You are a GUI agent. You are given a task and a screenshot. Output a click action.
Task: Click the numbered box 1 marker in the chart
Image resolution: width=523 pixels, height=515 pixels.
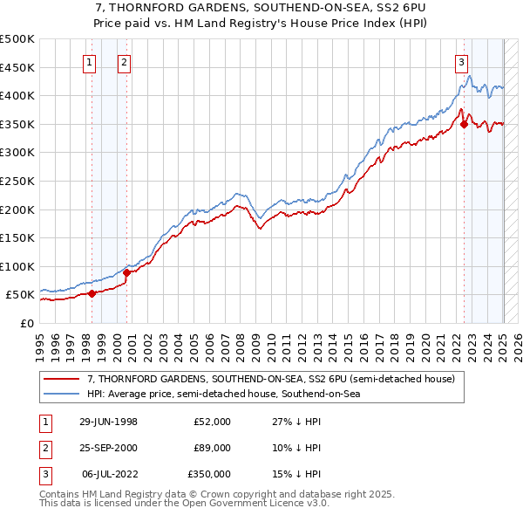[x=90, y=62]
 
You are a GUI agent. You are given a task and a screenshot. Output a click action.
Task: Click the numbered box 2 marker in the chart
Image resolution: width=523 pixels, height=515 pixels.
[x=125, y=62]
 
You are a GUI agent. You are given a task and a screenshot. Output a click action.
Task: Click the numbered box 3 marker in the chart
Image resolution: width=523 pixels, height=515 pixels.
[x=460, y=62]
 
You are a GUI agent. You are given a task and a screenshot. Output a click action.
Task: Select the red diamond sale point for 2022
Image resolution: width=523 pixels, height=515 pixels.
[x=464, y=124]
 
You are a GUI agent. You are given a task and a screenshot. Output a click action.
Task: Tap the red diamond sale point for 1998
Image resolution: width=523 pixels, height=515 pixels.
[x=92, y=293]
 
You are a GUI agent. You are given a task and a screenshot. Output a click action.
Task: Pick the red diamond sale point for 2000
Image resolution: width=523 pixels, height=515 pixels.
[x=126, y=272]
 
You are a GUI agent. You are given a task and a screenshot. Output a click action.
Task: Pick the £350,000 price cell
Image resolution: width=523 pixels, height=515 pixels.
[x=209, y=474]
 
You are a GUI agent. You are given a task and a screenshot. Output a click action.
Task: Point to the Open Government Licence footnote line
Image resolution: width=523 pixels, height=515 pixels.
[x=184, y=504]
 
